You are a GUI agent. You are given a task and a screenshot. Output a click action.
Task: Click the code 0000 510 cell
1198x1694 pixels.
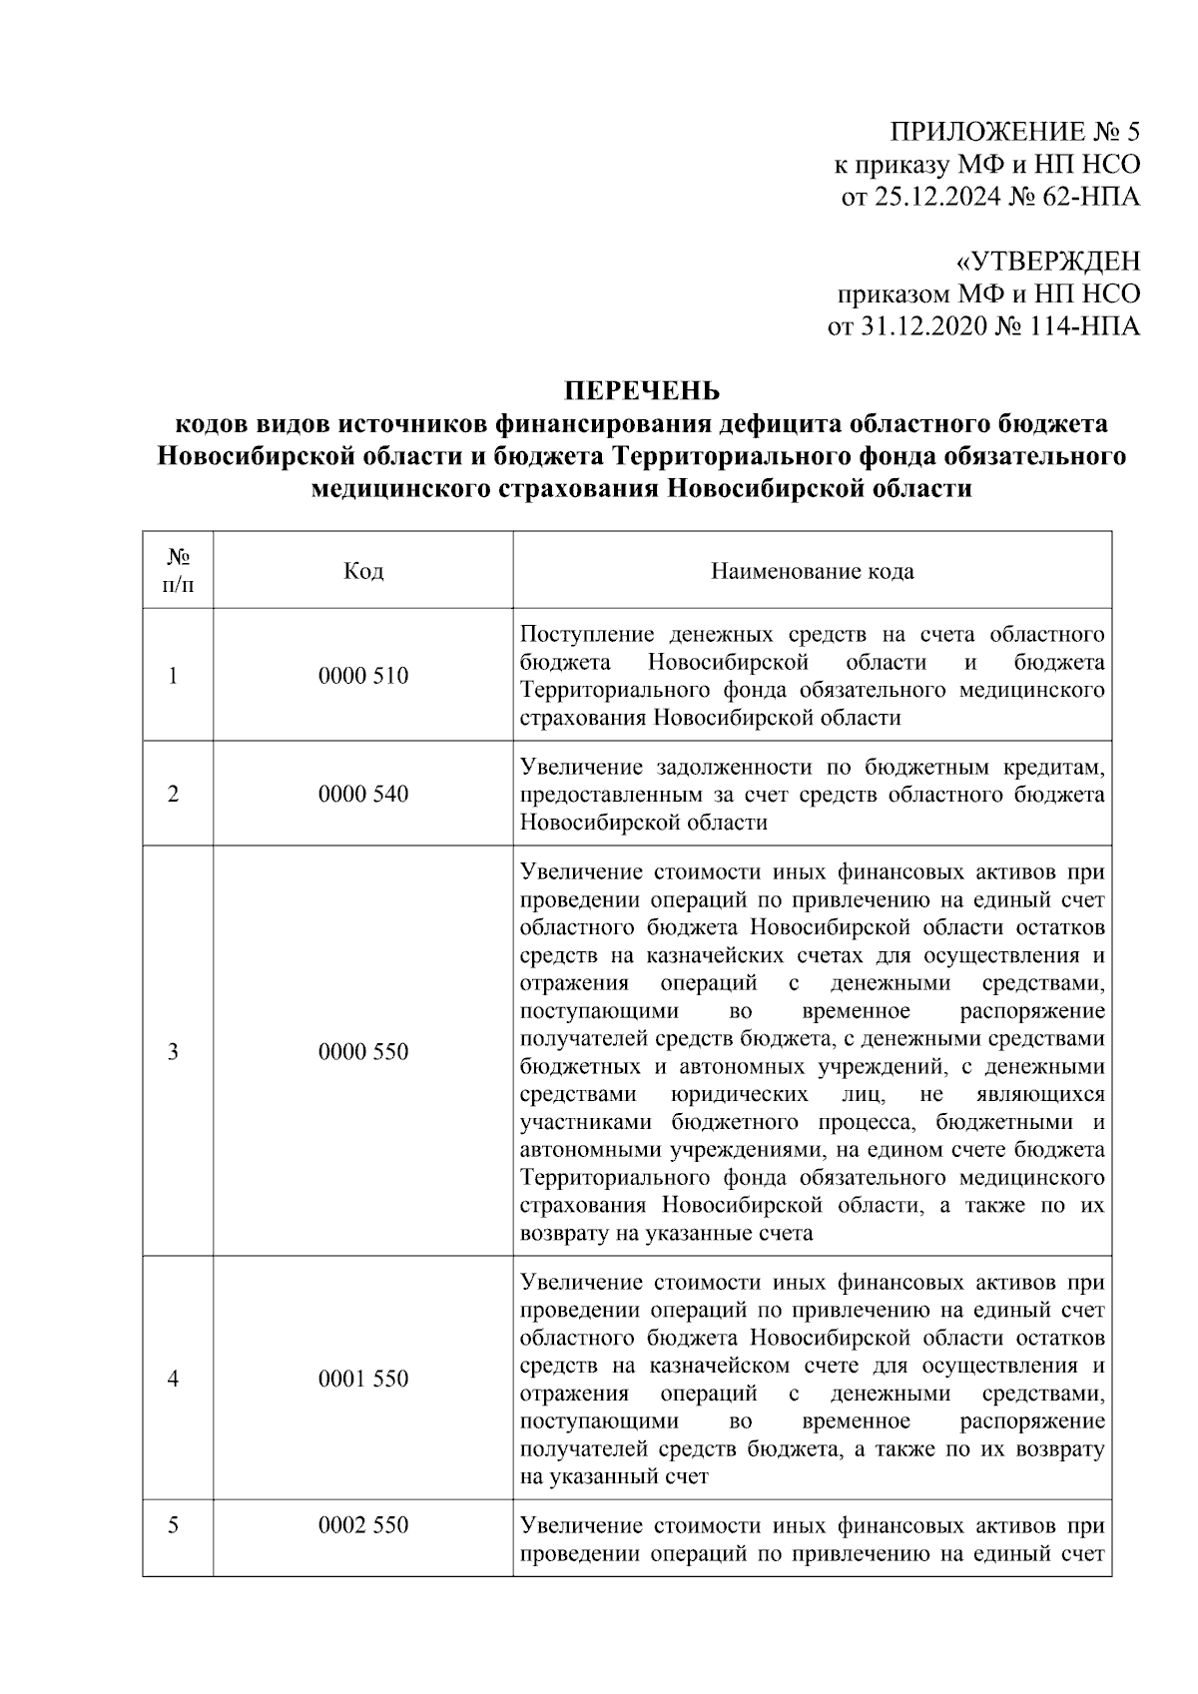coord(362,676)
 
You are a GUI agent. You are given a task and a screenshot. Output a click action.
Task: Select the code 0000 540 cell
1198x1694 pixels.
coord(362,795)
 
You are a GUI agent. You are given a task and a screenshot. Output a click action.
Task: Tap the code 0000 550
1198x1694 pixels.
coord(362,1052)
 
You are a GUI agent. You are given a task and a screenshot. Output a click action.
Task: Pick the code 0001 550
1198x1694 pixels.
coord(362,1379)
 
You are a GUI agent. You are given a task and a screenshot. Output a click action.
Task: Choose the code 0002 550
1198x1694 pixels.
coord(362,1526)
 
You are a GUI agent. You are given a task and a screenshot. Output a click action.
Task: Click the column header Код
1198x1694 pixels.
coord(362,571)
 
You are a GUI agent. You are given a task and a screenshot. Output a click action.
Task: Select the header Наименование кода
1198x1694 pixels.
coord(812,571)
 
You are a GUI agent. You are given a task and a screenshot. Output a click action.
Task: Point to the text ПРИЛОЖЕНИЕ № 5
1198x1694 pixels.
coord(1014,132)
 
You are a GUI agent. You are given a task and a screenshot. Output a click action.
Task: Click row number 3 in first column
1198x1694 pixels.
coord(174,1052)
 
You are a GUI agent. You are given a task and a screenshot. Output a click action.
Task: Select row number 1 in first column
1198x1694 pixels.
coord(174,676)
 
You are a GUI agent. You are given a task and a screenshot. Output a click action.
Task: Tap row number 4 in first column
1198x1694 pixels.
coord(174,1379)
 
